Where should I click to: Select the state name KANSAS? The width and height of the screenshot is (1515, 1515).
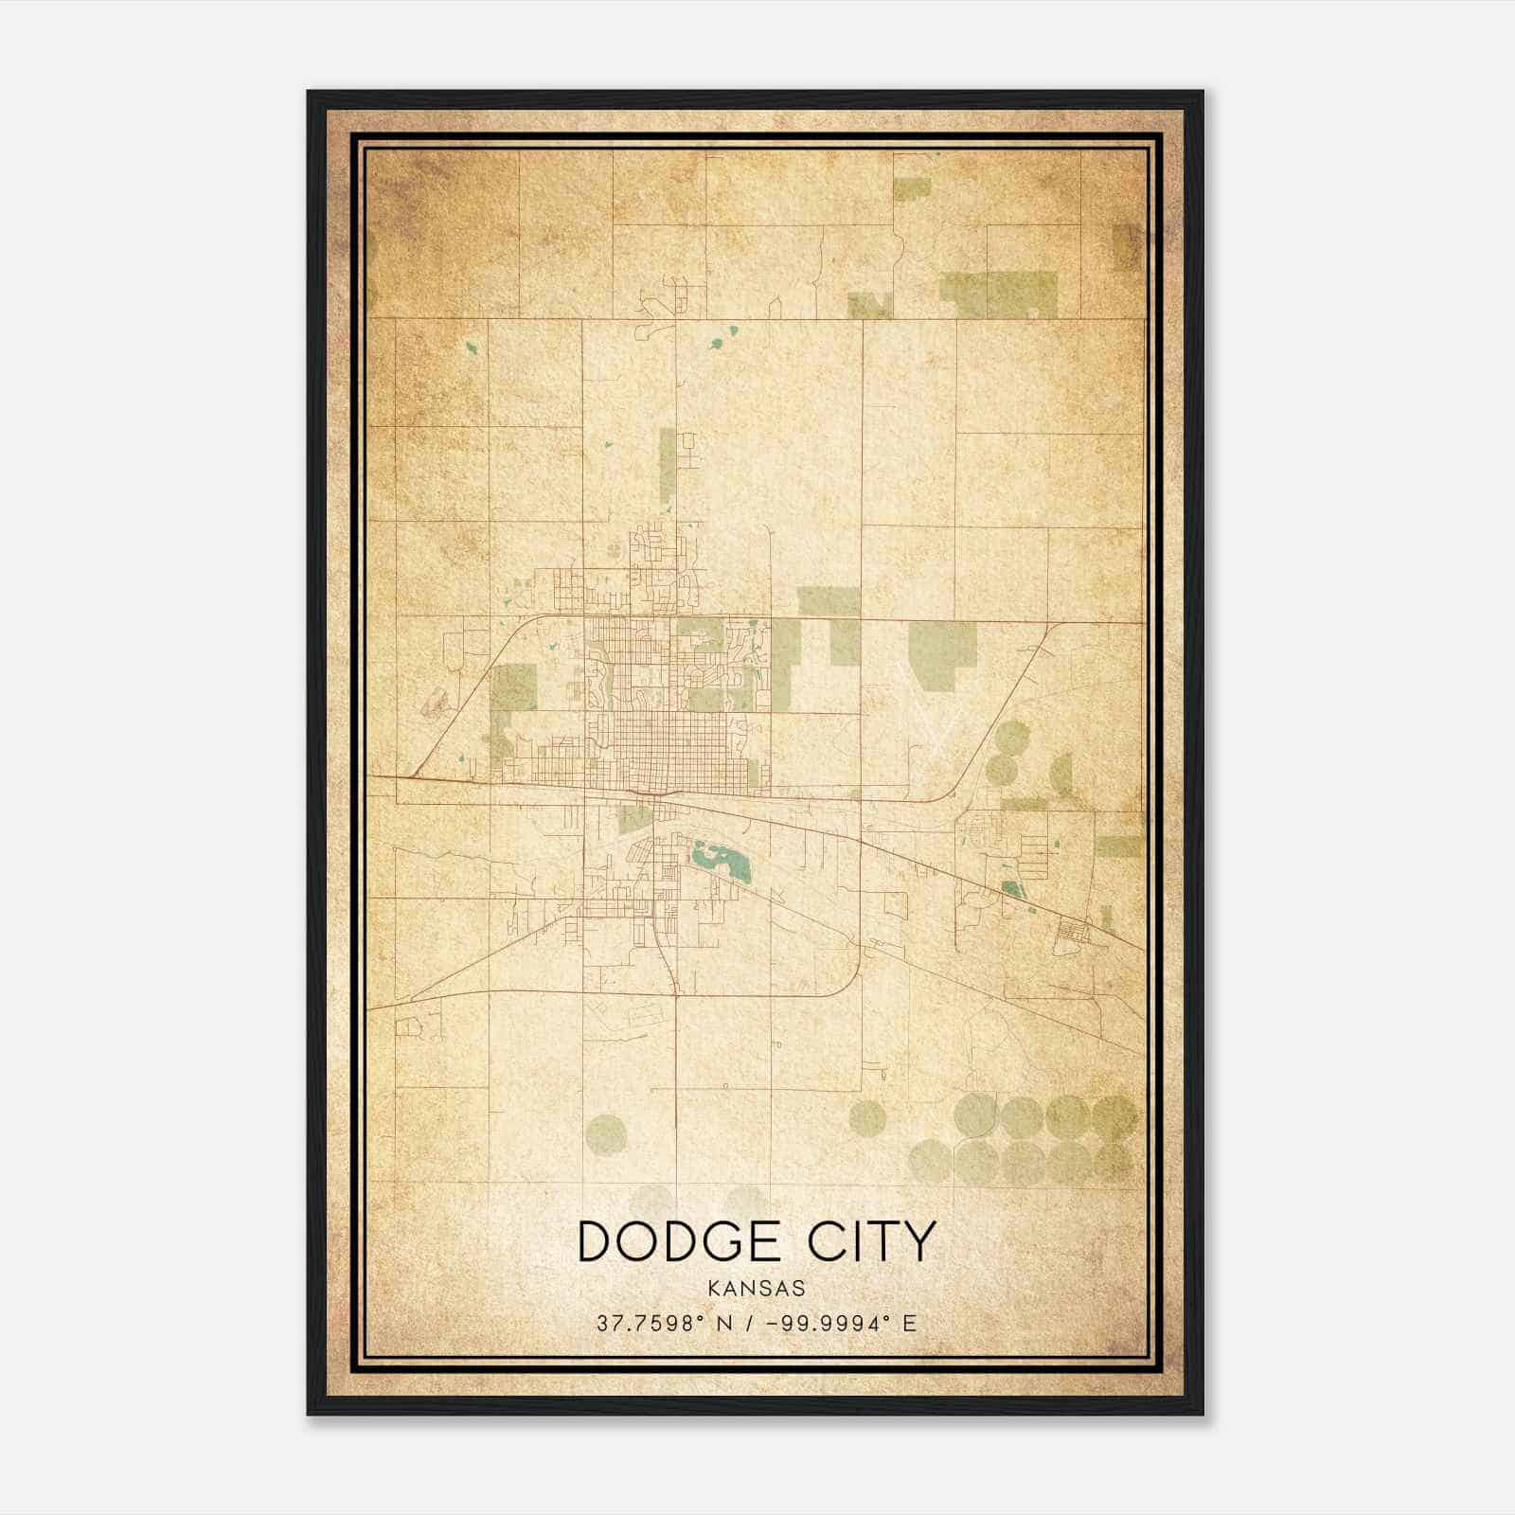[757, 1289]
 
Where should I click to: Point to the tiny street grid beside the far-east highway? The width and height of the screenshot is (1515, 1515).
[1074, 933]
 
